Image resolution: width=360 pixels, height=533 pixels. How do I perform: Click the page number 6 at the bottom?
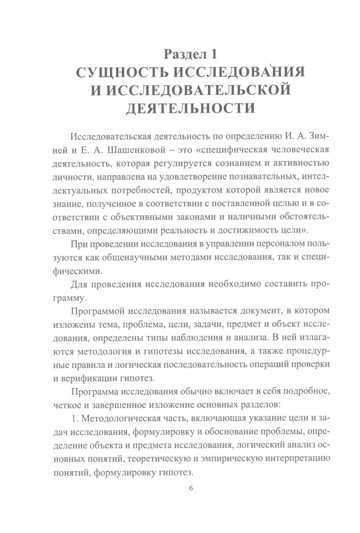tap(191, 488)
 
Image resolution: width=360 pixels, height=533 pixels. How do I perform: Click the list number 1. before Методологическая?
tap(75, 418)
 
